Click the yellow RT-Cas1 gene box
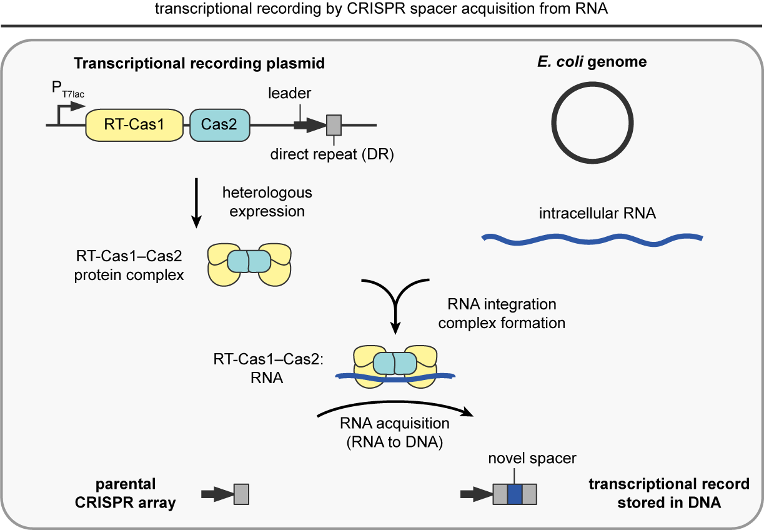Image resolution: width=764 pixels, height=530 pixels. coord(134,124)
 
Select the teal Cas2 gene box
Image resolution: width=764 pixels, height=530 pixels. coord(219,124)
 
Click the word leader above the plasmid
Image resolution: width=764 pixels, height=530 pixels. coord(289,93)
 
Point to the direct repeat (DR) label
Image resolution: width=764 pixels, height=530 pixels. coord(331,154)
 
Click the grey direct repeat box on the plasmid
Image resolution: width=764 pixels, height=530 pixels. coord(334,125)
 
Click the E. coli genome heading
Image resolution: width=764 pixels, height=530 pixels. coord(592,62)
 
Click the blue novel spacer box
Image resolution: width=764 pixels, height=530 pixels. coord(514,494)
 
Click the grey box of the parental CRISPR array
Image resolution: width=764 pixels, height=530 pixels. coord(241,494)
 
